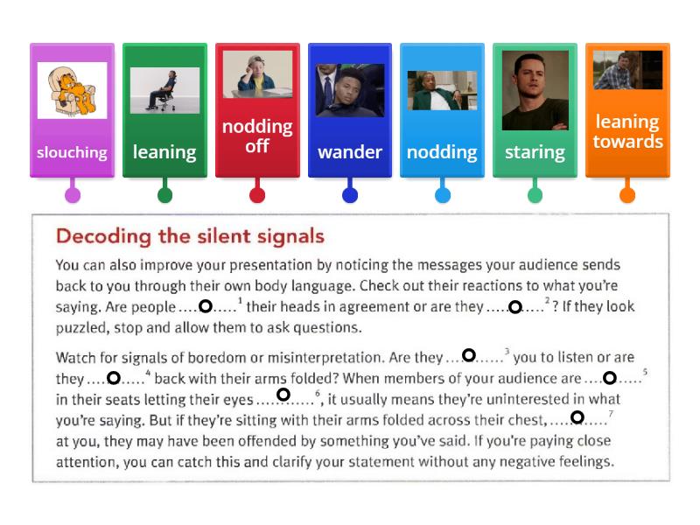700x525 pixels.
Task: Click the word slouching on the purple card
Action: (x=72, y=152)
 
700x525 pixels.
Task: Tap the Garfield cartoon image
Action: (x=72, y=90)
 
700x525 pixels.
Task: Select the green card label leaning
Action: (x=164, y=152)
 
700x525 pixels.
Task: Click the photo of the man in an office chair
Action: (x=164, y=90)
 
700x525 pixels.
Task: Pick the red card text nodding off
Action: (x=256, y=136)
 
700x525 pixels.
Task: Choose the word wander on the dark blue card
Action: (x=349, y=152)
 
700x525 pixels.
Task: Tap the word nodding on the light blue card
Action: (x=442, y=152)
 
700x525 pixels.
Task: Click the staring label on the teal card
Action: (x=535, y=152)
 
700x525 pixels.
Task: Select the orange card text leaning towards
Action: (x=627, y=131)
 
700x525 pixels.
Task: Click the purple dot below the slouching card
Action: (x=73, y=195)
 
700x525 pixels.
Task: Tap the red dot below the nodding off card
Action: (x=257, y=195)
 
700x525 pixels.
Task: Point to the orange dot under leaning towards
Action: (x=627, y=195)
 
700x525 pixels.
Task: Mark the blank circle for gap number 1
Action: (x=206, y=306)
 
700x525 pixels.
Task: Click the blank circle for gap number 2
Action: (x=515, y=307)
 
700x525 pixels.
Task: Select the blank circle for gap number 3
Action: (x=469, y=355)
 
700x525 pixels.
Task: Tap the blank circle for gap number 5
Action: (x=610, y=378)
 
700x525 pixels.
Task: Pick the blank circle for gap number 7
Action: (x=577, y=417)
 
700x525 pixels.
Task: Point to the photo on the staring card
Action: (x=535, y=90)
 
